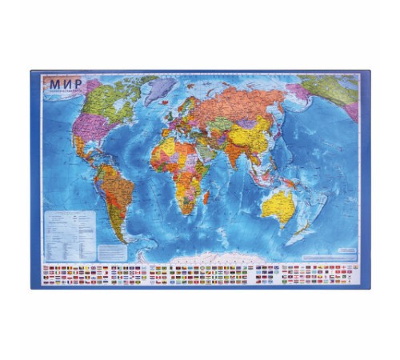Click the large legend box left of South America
(70, 223)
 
